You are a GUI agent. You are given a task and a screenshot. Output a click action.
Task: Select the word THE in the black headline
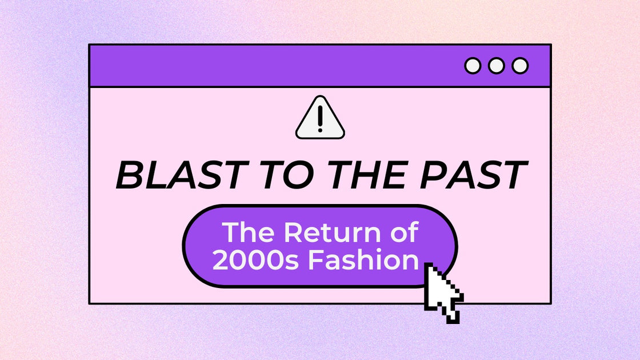click(x=348, y=175)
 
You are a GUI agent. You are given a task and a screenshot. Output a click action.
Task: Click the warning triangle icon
click(x=320, y=119)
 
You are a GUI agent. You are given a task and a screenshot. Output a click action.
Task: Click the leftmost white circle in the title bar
click(x=473, y=66)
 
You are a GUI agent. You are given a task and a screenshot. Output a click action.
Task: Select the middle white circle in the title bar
click(x=496, y=66)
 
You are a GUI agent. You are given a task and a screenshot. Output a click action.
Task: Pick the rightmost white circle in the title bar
click(x=520, y=66)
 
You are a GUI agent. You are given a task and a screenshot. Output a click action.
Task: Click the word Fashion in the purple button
click(x=363, y=260)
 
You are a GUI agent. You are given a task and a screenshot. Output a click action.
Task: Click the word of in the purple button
click(x=403, y=233)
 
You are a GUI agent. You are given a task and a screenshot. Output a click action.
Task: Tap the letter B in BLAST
click(x=129, y=175)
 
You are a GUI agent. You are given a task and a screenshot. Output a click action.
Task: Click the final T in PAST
click(x=512, y=175)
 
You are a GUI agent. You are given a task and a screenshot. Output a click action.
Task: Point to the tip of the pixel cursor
click(x=427, y=265)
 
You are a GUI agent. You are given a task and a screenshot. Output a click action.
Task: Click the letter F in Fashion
click(x=316, y=260)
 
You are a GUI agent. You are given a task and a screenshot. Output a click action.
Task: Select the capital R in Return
click(x=293, y=233)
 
